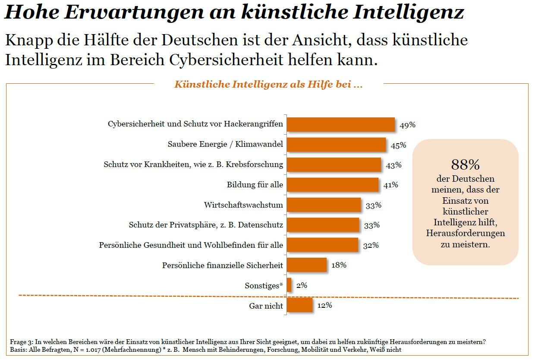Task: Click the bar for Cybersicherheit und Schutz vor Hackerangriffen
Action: pos(340,124)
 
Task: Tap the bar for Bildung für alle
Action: pos(332,185)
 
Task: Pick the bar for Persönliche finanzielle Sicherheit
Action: pos(306,265)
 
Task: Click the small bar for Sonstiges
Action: pos(289,285)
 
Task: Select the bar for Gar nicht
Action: pos(299,306)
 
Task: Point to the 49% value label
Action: pos(407,125)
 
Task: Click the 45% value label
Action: pos(398,145)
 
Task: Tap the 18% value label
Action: pos(339,265)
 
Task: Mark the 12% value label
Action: pos(324,305)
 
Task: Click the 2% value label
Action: pos(302,285)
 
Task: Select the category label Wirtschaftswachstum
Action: pos(243,205)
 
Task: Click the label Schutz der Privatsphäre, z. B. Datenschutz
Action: pos(206,225)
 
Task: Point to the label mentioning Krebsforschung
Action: pos(193,164)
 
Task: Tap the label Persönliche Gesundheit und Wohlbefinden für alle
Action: pos(191,245)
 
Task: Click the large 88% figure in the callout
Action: pos(465,164)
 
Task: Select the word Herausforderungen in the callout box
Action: pos(465,233)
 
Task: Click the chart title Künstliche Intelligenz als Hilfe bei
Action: pos(268,84)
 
